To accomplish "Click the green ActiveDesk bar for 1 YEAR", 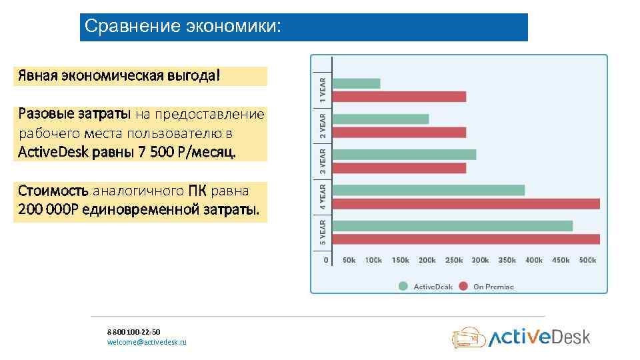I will (356, 83).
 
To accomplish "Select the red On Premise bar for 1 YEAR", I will (399, 97).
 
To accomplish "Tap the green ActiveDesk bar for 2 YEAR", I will (380, 119).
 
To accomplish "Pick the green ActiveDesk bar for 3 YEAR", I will (404, 155).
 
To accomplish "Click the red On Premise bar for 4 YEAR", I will (465, 203).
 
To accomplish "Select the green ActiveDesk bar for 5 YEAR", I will (452, 226).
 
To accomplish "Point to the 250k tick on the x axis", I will (453, 260).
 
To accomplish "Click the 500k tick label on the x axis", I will (587, 260).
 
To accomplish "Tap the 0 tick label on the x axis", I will (326, 260).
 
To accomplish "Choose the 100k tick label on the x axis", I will (373, 260).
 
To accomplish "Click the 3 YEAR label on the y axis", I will (323, 161).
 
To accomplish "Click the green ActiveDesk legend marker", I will (403, 287).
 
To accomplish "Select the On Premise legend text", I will (493, 287).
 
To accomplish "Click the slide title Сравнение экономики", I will (183, 27).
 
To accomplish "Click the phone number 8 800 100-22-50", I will (133, 331).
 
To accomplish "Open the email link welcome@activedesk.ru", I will (147, 342).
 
